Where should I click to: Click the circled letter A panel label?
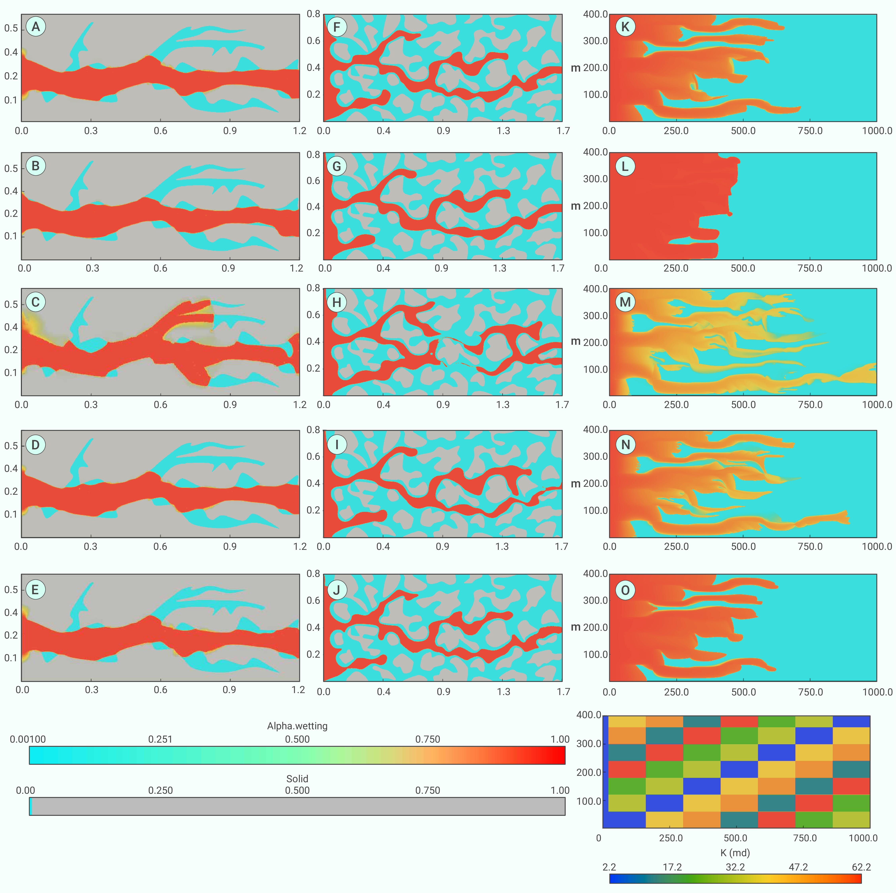click(36, 27)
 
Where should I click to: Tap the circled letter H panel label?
click(337, 302)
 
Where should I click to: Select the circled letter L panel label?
click(625, 167)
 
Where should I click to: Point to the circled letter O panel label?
click(625, 590)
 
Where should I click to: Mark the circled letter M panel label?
click(625, 302)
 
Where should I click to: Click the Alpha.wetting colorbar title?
click(297, 726)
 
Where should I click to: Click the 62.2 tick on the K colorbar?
click(861, 867)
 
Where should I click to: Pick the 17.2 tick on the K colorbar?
click(672, 867)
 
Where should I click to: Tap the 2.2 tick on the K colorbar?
click(609, 867)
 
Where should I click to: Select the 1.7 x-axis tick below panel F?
click(563, 131)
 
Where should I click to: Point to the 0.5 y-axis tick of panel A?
click(11, 28)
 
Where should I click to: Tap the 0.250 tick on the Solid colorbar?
click(161, 791)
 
